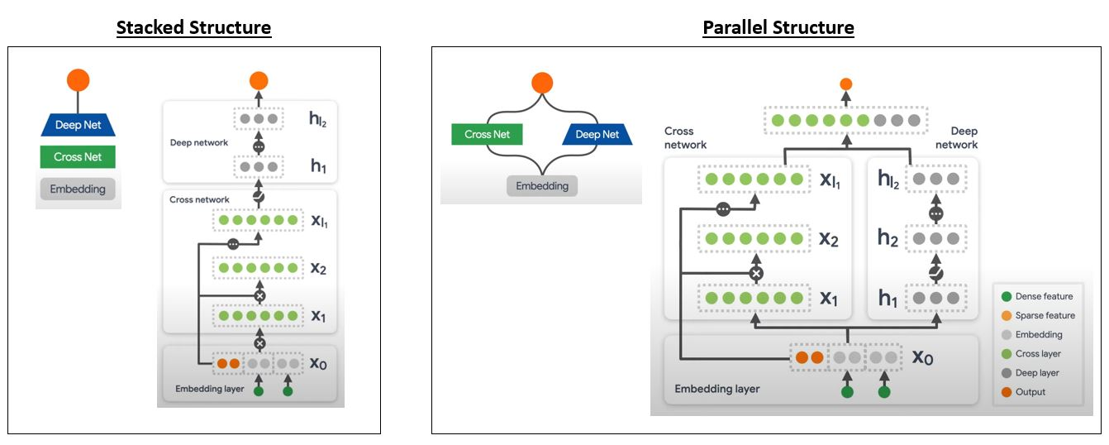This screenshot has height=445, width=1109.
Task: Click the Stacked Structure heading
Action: [x=193, y=27]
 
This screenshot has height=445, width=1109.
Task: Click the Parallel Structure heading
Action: [x=778, y=27]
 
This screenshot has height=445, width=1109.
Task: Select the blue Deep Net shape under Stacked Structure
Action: [x=79, y=125]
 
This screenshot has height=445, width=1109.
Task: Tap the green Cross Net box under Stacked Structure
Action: [x=79, y=157]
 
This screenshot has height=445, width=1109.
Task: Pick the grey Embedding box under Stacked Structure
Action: [x=79, y=189]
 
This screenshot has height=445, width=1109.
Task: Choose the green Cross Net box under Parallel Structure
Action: [x=488, y=134]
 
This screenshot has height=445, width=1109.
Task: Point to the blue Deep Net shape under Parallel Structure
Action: [x=597, y=134]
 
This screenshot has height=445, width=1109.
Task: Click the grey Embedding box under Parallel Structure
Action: [x=542, y=186]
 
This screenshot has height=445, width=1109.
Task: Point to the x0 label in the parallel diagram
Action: [x=922, y=357]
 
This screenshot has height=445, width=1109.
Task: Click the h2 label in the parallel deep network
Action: [x=888, y=238]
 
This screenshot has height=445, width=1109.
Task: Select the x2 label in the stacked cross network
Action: [x=318, y=269]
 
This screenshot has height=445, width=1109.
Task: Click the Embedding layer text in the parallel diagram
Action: [x=716, y=389]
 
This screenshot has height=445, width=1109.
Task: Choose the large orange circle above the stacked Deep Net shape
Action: [x=79, y=80]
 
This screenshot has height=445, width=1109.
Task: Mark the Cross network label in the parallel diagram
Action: [x=685, y=137]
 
